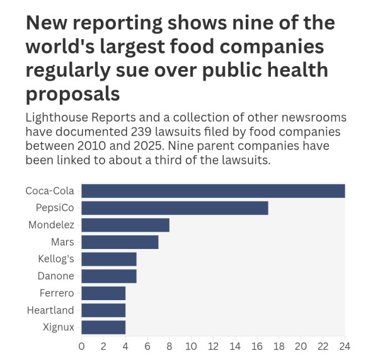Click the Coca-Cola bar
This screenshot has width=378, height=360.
tap(213, 191)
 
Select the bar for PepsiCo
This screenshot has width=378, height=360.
tap(175, 208)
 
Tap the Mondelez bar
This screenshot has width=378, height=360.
tap(125, 225)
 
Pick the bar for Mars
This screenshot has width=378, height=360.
tap(120, 242)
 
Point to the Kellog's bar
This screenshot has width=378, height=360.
tap(109, 259)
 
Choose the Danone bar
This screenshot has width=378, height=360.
tap(109, 276)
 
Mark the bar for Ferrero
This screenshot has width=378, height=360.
tap(103, 293)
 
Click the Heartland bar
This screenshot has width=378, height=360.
tap(103, 310)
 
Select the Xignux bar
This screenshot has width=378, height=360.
tap(103, 327)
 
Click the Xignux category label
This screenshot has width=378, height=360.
tap(59, 327)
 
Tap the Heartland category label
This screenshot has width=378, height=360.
tap(50, 310)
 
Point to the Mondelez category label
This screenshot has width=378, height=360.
tap(52, 225)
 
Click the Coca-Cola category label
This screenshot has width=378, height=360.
tap(50, 191)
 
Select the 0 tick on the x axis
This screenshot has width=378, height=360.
tap(81, 347)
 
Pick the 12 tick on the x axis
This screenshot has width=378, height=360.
tap(213, 347)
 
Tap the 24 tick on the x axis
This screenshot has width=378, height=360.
tap(345, 347)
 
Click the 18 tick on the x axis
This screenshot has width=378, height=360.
tap(279, 347)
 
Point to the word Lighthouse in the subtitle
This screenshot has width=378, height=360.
tap(57, 118)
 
